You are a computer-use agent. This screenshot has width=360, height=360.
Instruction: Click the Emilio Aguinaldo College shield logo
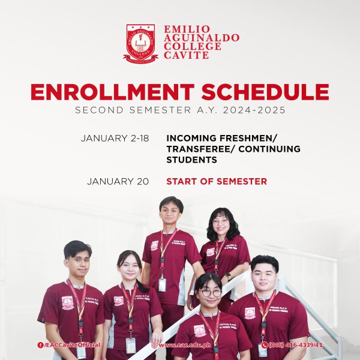pos(140,42)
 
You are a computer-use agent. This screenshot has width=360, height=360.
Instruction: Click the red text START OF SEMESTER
pos(217,181)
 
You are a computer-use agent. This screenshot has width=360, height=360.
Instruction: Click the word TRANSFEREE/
pos(197,149)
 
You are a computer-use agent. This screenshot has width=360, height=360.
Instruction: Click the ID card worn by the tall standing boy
pos(162,284)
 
